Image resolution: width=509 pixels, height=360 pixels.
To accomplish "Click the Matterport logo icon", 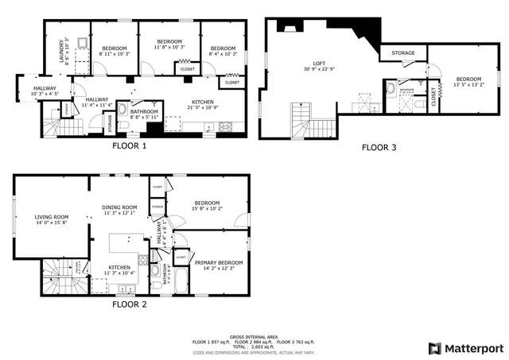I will (x=433, y=348).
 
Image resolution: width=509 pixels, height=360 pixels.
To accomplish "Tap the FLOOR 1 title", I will (x=129, y=146).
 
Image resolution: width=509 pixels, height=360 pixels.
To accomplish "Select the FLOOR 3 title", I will (x=379, y=147).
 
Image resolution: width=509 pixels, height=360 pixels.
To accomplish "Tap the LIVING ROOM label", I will (x=51, y=217).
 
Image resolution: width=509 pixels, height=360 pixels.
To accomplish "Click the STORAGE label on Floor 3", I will (x=403, y=53).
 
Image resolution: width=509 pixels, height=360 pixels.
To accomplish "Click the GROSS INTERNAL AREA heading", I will (x=254, y=336).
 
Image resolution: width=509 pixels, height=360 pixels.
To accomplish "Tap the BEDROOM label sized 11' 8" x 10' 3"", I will (x=169, y=41).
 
